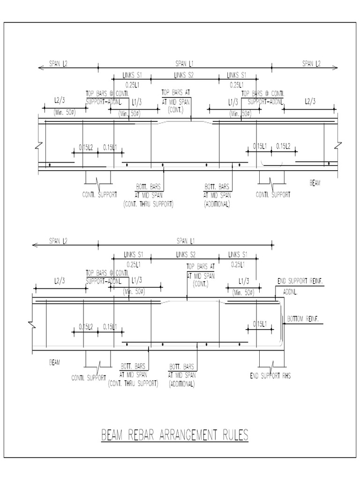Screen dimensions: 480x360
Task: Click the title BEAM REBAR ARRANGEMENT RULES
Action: [175, 435]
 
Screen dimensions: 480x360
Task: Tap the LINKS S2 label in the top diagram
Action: [184, 75]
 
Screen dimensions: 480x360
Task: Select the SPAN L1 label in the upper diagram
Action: [185, 63]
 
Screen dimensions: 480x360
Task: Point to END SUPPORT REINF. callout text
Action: [301, 281]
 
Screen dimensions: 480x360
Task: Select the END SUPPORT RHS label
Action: [270, 376]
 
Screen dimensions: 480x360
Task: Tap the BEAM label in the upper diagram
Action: [315, 183]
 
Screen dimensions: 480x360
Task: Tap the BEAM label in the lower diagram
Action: [55, 362]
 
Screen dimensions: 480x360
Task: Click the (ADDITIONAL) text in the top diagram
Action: [216, 205]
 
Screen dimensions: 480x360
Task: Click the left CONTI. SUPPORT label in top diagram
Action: [99, 194]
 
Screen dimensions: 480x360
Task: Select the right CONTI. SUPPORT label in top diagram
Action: [273, 194]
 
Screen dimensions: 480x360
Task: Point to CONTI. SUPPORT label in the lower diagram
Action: [89, 377]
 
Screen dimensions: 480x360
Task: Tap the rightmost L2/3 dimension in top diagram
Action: [310, 101]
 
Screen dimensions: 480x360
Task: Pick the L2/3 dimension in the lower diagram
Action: [60, 280]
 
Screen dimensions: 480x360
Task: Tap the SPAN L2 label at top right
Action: [311, 63]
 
